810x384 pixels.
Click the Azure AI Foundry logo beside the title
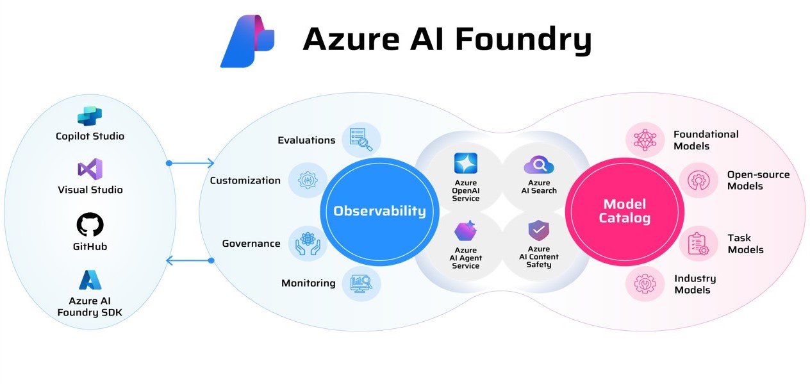click(x=247, y=41)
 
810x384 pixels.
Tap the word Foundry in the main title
click(x=524, y=40)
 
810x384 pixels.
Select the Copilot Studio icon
click(x=90, y=116)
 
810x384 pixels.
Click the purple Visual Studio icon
click(x=90, y=169)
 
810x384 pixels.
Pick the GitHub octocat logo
click(x=90, y=224)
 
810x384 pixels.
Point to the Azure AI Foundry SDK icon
click(x=90, y=280)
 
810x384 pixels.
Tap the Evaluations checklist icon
click(x=361, y=140)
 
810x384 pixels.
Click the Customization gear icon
click(x=308, y=180)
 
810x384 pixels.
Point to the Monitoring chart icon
click(x=361, y=284)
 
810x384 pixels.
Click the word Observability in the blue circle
click(x=379, y=211)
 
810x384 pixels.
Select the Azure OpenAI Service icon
click(x=466, y=163)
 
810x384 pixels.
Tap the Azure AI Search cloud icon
click(x=539, y=165)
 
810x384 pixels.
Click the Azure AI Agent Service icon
click(x=466, y=230)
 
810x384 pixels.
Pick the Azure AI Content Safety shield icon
click(x=539, y=230)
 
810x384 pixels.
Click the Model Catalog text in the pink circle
click(x=625, y=211)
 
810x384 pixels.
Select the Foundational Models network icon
click(x=645, y=140)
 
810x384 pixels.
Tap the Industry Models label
click(x=695, y=284)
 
